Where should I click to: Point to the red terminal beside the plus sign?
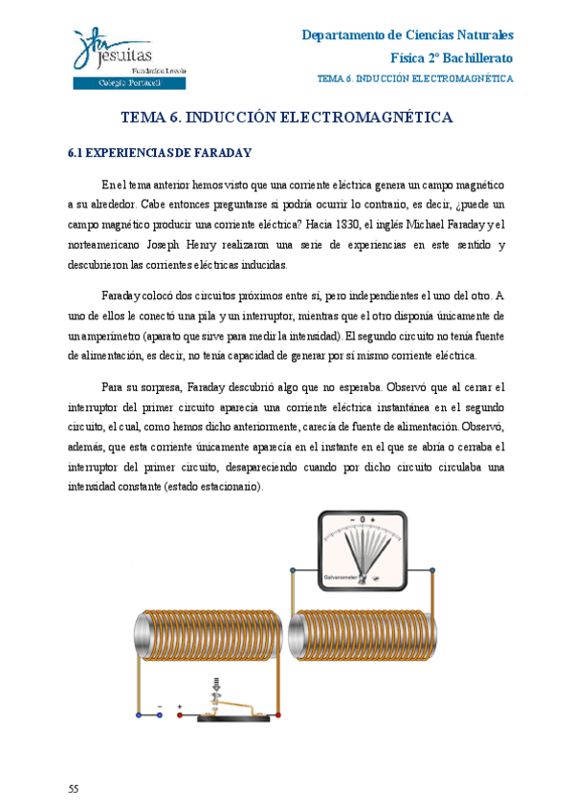179,714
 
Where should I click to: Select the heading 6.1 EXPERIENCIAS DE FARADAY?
159,152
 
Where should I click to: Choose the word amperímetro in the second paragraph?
115,336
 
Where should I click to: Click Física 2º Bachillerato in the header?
452,57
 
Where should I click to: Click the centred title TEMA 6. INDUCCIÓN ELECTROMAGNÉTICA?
286,118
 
